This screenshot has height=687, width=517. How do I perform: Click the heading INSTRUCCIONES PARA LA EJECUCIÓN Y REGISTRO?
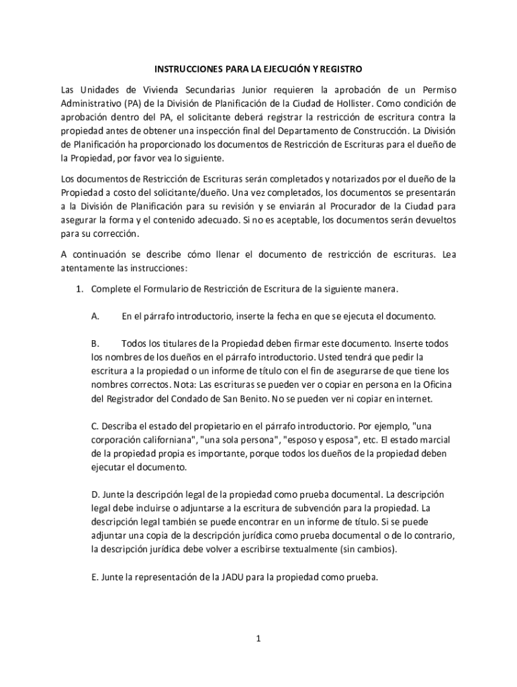(x=258, y=69)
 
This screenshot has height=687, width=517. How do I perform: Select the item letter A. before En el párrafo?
(x=95, y=316)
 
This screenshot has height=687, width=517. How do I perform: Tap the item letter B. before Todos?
(x=95, y=343)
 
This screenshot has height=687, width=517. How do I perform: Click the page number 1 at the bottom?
(x=258, y=639)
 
